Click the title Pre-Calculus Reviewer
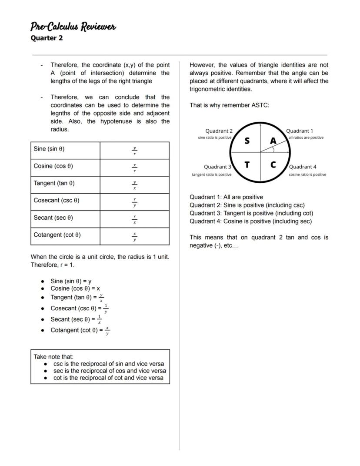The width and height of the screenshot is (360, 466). tap(73, 27)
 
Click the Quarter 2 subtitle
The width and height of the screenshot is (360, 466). tap(47, 38)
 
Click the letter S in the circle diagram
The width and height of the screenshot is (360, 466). tap(247, 141)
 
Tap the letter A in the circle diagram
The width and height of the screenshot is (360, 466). tap(273, 141)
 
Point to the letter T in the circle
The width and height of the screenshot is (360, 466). tap(247, 165)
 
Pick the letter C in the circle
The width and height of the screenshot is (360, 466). tap(273, 165)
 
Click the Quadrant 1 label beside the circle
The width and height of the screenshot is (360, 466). tap(299, 131)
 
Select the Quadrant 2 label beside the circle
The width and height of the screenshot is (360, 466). tap(219, 131)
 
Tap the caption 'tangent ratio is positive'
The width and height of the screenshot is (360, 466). tap(212, 174)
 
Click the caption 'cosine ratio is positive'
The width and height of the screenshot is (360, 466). tap(307, 174)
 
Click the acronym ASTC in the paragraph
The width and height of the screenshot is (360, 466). tap(260, 105)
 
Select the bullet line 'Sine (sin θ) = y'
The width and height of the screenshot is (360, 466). tap(71, 281)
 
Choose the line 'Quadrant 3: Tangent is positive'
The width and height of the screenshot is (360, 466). tap(251, 213)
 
